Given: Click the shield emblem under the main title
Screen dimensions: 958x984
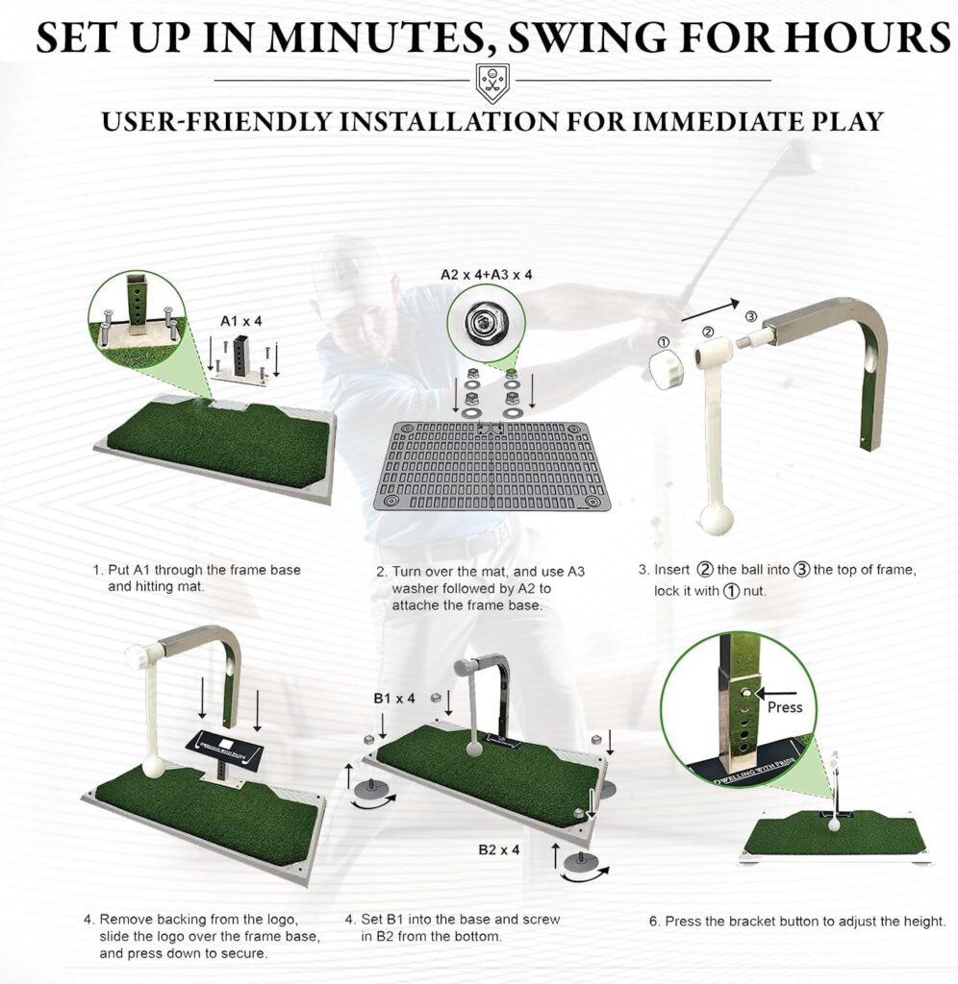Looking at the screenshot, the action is click(x=492, y=81).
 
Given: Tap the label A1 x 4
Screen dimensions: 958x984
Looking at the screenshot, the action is click(x=241, y=321).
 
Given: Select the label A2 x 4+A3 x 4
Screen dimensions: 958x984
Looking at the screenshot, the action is click(x=487, y=275).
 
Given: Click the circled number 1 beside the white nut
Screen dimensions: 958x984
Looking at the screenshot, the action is click(x=663, y=342).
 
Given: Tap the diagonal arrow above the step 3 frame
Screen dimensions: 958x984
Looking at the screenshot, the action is click(x=710, y=311).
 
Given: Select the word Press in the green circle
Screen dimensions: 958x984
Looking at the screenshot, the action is click(x=785, y=707).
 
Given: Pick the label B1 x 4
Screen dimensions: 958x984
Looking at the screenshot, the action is click(x=394, y=699).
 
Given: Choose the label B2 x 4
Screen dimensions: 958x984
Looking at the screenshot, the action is click(x=499, y=849).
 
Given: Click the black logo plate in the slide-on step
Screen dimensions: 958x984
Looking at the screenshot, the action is click(x=224, y=746).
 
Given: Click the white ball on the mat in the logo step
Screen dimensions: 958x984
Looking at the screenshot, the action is click(x=153, y=770).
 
